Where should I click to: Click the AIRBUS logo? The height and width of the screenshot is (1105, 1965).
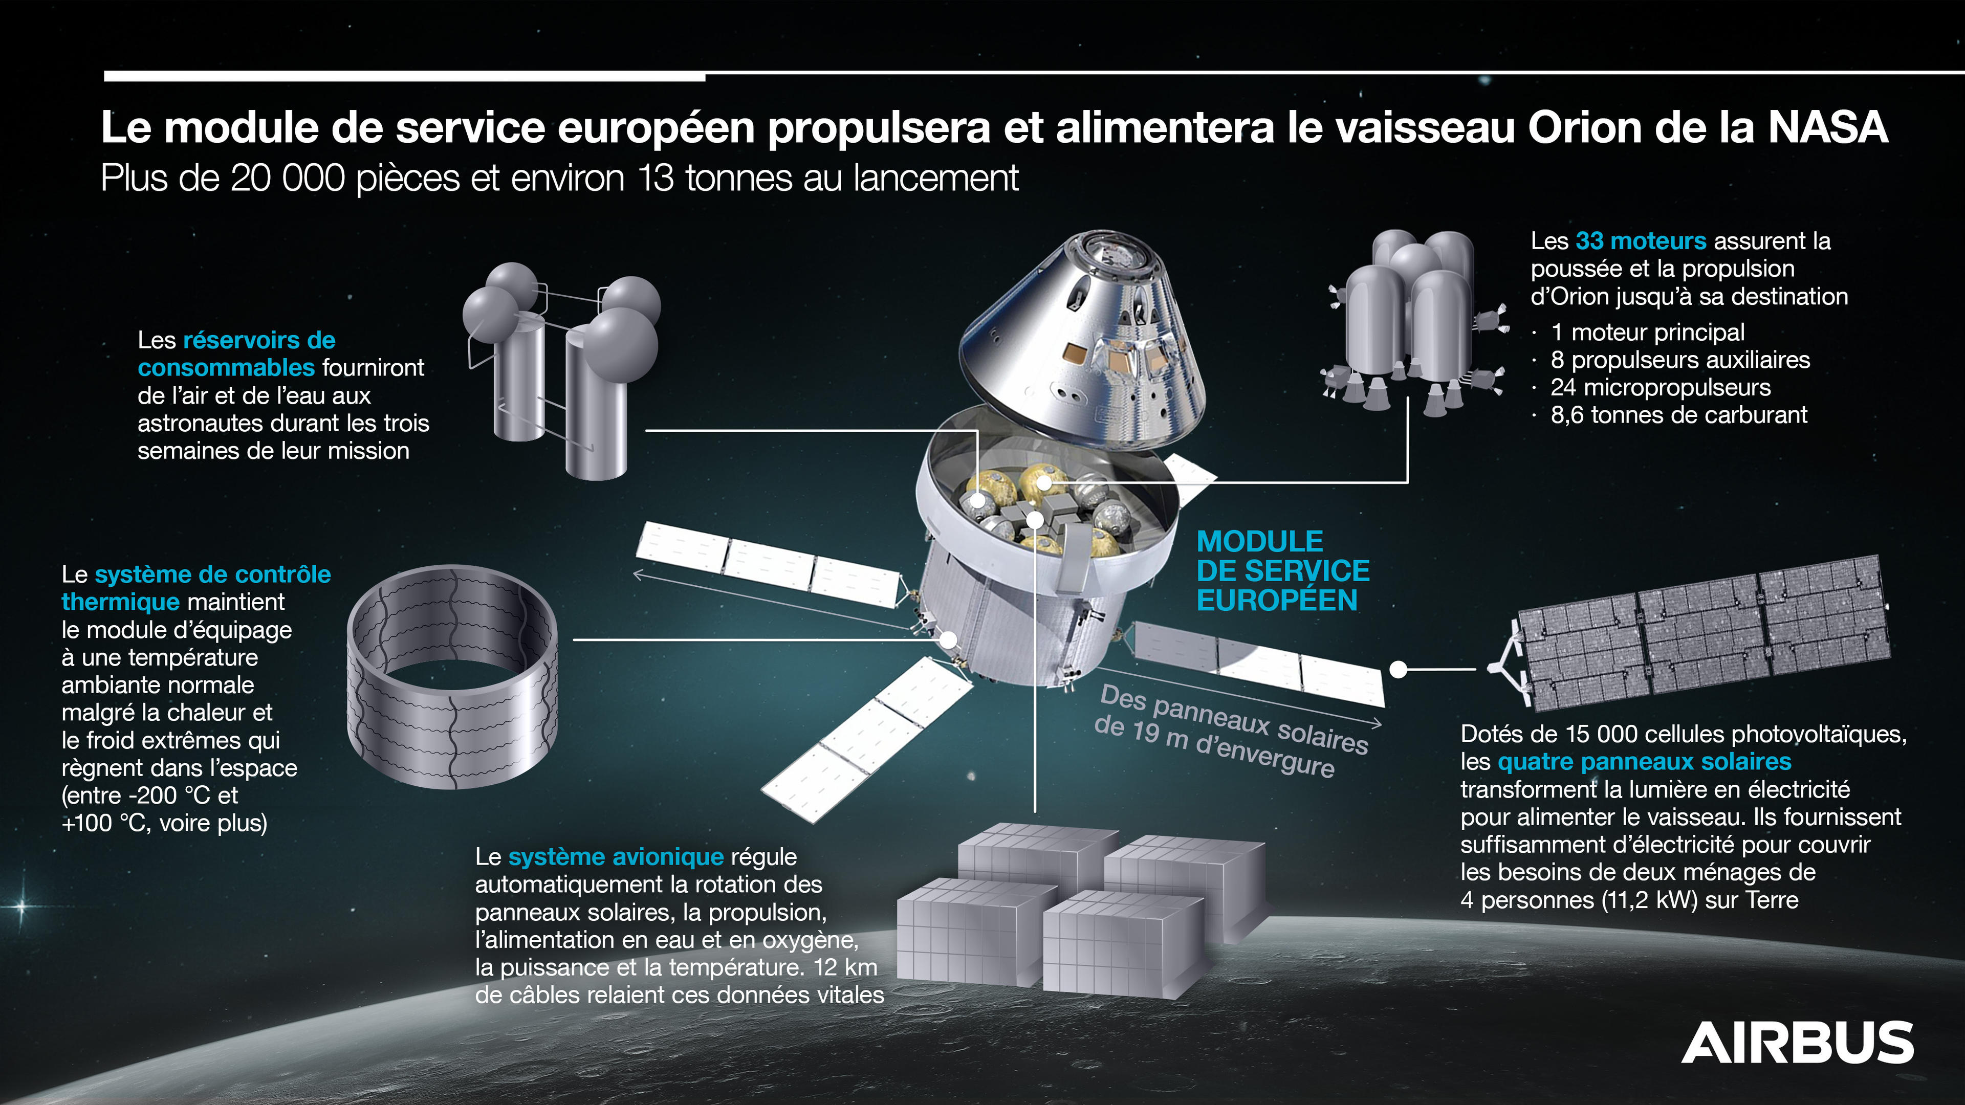tap(1797, 1043)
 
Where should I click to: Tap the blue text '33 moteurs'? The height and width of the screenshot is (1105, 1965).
tap(1640, 241)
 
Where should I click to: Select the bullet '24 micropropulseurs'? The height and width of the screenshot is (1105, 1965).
tap(1660, 387)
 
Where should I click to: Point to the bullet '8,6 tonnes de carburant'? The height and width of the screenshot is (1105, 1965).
tap(1678, 415)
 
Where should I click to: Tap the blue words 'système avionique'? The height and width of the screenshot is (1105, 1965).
tap(616, 857)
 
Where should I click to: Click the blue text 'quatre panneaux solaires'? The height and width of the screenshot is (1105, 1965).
tap(1644, 762)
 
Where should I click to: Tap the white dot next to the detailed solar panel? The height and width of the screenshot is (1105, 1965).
tap(1398, 670)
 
